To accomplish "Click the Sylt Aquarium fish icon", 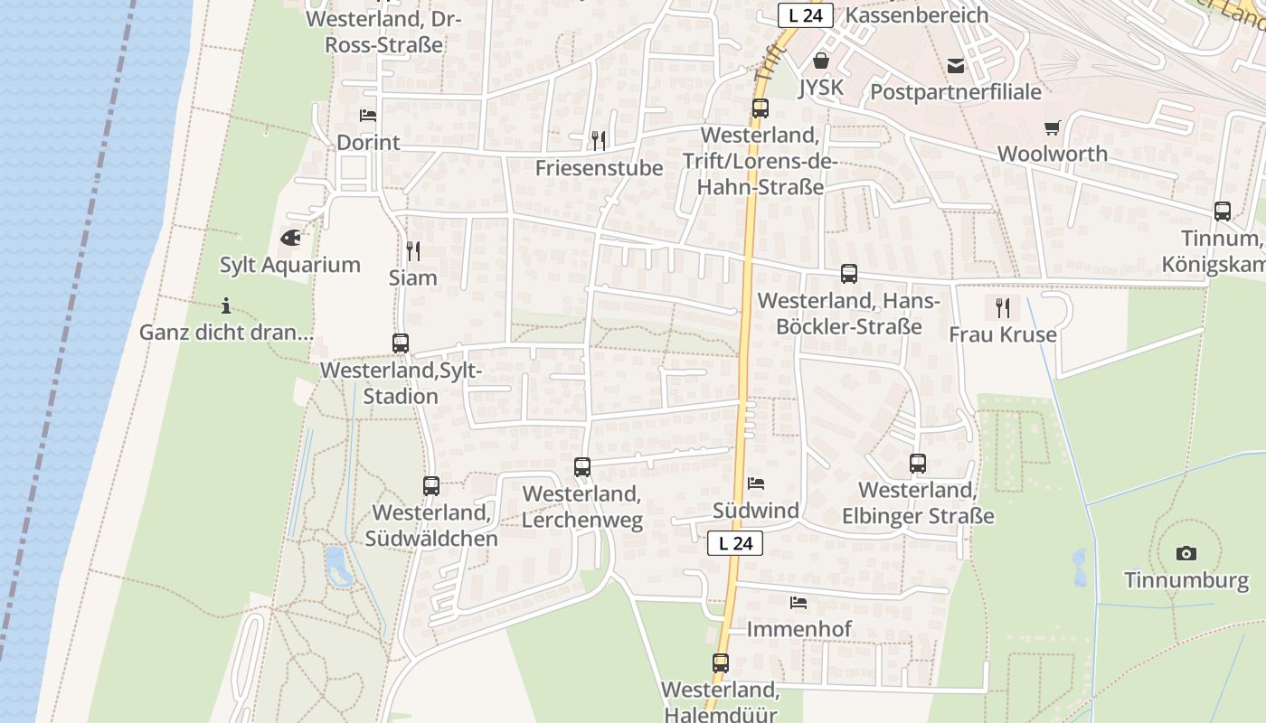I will (x=290, y=239).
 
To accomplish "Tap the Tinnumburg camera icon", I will (x=1186, y=553).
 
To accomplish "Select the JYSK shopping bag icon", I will (x=821, y=61).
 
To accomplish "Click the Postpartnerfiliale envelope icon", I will (x=956, y=66).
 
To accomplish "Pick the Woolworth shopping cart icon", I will (x=1052, y=128).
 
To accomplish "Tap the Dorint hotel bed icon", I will (x=368, y=116).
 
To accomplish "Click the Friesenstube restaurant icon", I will (x=598, y=140).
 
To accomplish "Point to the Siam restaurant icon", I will (x=413, y=250).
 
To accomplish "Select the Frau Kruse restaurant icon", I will (x=1002, y=308).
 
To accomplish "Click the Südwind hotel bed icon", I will (x=756, y=484).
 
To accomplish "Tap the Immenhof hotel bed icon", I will (x=798, y=602).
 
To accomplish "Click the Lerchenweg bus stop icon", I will (x=582, y=467).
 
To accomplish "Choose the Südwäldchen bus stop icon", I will (x=431, y=486).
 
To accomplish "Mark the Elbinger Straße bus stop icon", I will (x=918, y=464).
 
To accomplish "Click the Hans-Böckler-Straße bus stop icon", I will (x=848, y=274).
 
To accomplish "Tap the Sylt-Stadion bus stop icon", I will (x=401, y=343).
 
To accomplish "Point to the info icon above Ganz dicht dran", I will (x=226, y=305).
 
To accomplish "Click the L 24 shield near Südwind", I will (x=735, y=543).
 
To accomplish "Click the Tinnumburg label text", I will (x=1186, y=580).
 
